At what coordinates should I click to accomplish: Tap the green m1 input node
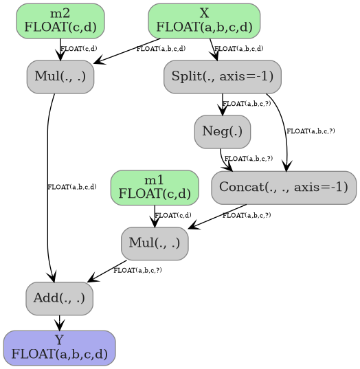tap(155, 187)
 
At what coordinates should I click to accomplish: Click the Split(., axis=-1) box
tap(222, 76)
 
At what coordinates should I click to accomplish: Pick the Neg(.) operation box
tap(222, 131)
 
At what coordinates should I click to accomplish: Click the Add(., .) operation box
tap(59, 298)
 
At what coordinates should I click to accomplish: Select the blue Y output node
tap(59, 348)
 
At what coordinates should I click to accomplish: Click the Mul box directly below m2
tap(60, 76)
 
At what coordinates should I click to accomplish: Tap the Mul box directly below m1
tap(155, 243)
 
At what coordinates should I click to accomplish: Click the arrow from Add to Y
tap(60, 322)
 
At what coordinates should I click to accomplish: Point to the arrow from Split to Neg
tap(223, 104)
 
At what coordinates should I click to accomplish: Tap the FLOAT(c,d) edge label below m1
tap(173, 215)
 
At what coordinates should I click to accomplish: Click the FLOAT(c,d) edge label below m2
tap(79, 49)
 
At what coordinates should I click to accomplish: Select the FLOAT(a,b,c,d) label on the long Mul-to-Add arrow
tap(72, 187)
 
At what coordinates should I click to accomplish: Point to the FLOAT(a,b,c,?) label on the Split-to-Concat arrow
tap(311, 131)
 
